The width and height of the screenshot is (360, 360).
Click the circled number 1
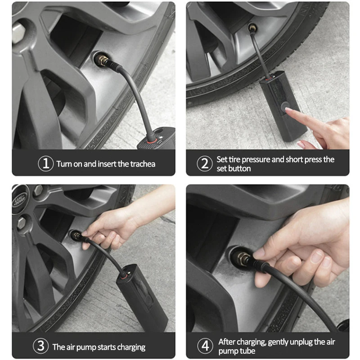tap(46, 164)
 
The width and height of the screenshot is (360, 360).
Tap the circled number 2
tap(205, 164)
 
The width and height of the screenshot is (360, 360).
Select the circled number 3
tap(40, 346)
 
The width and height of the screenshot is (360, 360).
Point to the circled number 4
tap(205, 346)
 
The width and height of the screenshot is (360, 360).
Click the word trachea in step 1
tap(143, 164)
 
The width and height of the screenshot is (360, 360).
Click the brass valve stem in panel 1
tap(103, 60)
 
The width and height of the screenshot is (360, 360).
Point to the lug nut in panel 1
tap(18, 33)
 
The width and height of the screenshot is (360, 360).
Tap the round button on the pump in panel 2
tap(285, 106)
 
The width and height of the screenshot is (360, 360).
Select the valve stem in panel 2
tap(252, 28)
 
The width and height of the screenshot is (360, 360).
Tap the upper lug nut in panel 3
tap(38, 190)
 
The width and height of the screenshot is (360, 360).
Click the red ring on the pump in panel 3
tap(124, 275)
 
